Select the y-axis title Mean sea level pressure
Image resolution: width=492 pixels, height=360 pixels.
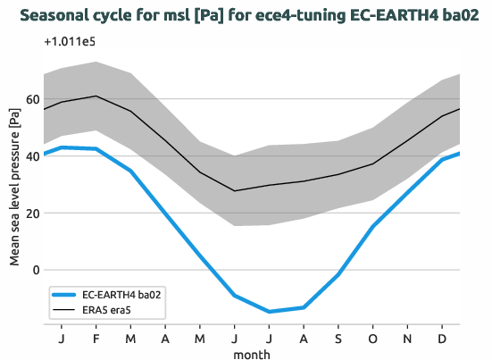pos(14,186)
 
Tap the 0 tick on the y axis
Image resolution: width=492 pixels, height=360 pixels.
pos(36,270)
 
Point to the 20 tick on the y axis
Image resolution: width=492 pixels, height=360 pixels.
pos(32,213)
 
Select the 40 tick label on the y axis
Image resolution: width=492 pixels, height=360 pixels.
pos(32,156)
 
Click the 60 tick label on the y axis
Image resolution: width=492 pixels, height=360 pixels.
pos(32,99)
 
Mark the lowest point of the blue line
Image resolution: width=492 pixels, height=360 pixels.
pos(269,312)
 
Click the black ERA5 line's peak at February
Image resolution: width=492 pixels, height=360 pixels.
pos(96,96)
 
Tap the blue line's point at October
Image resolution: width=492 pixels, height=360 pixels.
pos(373,227)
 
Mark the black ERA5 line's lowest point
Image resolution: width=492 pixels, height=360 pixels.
pos(235,190)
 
